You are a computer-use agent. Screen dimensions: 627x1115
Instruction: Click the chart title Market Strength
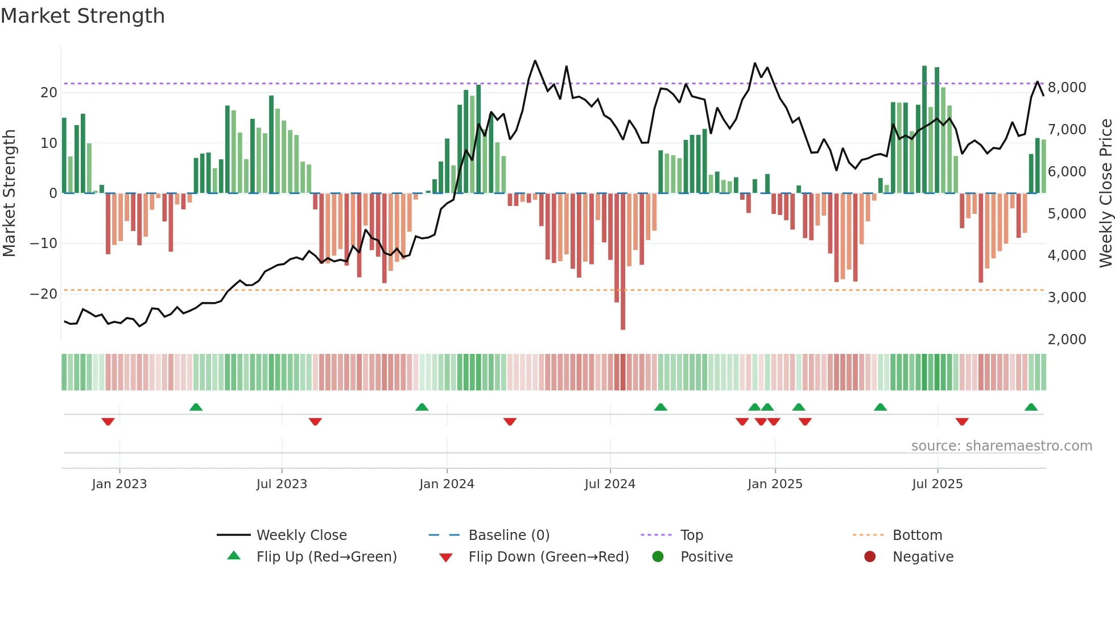click(82, 16)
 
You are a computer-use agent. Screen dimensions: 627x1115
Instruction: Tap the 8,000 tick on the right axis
click(1067, 88)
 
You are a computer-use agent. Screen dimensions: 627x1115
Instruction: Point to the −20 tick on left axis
click(44, 294)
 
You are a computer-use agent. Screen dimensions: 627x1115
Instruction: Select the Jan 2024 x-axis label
click(447, 484)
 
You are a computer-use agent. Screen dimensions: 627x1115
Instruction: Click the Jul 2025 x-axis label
click(937, 484)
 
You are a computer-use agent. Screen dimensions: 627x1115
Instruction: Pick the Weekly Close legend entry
click(301, 535)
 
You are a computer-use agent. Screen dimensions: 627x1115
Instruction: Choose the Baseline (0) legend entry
click(509, 535)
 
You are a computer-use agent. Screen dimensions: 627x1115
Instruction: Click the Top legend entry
click(691, 535)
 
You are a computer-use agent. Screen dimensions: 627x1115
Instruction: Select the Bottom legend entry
click(917, 535)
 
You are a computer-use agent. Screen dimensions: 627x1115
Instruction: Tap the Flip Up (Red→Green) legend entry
click(326, 557)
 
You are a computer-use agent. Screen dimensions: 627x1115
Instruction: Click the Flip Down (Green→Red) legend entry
click(548, 557)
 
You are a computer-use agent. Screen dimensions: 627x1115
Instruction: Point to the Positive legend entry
click(706, 557)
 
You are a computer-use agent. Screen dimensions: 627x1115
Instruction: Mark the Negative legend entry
click(923, 557)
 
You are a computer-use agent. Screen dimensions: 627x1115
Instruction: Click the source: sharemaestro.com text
click(1001, 446)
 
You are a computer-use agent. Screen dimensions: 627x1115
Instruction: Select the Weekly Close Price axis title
click(1105, 193)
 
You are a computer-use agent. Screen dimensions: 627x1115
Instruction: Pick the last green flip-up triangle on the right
click(1031, 407)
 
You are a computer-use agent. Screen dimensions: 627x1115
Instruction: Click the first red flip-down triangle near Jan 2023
click(108, 422)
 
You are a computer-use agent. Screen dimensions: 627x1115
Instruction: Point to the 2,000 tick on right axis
click(1067, 340)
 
